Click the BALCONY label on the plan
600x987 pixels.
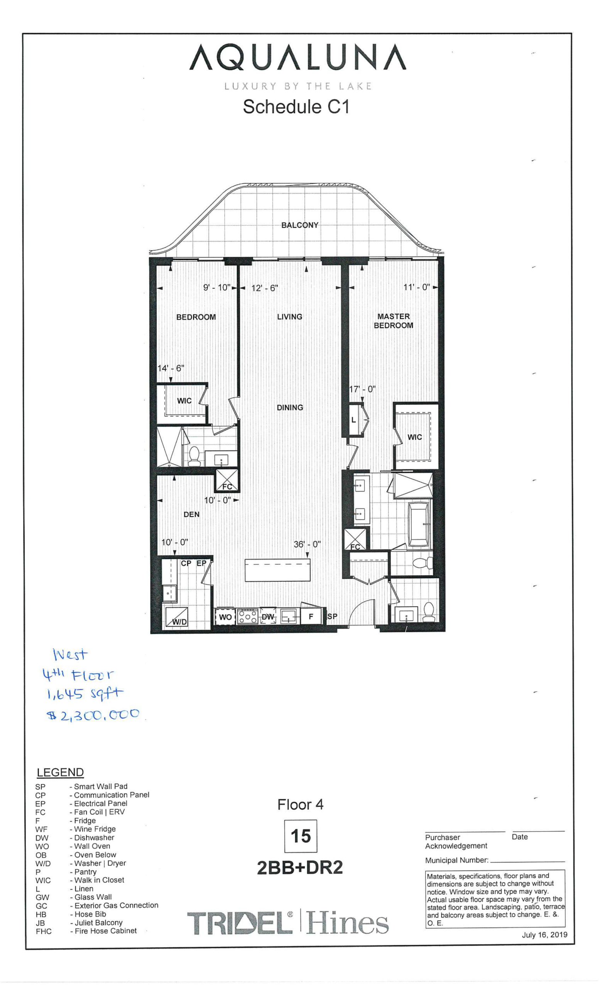click(299, 225)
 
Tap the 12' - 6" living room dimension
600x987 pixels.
click(264, 288)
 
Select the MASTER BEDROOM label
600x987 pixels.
click(393, 321)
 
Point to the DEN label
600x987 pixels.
click(191, 514)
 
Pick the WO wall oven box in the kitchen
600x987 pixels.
click(225, 617)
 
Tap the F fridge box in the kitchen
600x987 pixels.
click(311, 617)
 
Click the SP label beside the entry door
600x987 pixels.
click(332, 616)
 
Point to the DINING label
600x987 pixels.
click(290, 408)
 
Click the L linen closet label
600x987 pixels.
click(353, 420)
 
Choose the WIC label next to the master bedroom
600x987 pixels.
click(414, 437)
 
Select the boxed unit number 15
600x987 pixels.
click(300, 836)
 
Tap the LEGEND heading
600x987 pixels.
click(60, 772)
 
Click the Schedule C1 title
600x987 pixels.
click(296, 107)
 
